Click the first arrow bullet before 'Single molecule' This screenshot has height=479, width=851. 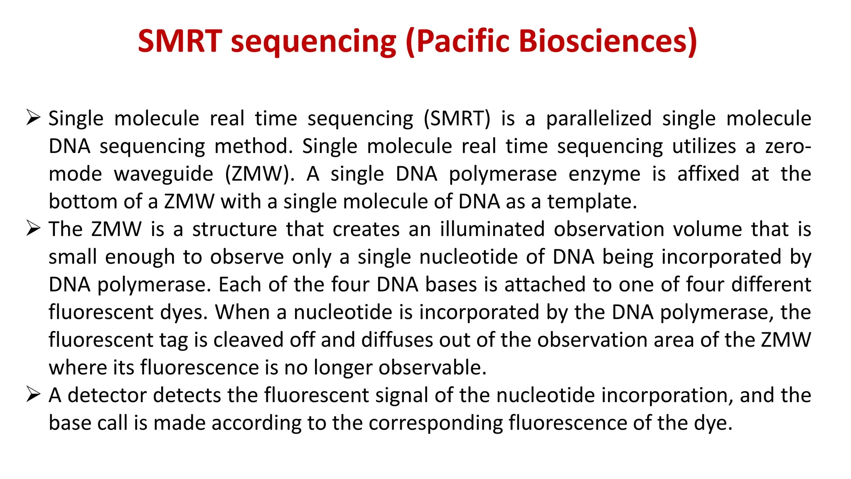click(x=33, y=118)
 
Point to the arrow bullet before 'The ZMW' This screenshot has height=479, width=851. click(x=33, y=228)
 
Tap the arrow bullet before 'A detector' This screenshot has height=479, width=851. click(x=33, y=394)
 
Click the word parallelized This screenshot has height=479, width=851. click(x=598, y=119)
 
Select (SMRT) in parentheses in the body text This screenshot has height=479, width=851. click(x=457, y=119)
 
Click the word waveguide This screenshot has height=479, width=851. click(x=163, y=174)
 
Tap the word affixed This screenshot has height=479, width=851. click(x=708, y=174)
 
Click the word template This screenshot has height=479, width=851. click(x=591, y=202)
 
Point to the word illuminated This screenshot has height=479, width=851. click(x=492, y=229)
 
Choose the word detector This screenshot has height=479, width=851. click(x=107, y=395)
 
